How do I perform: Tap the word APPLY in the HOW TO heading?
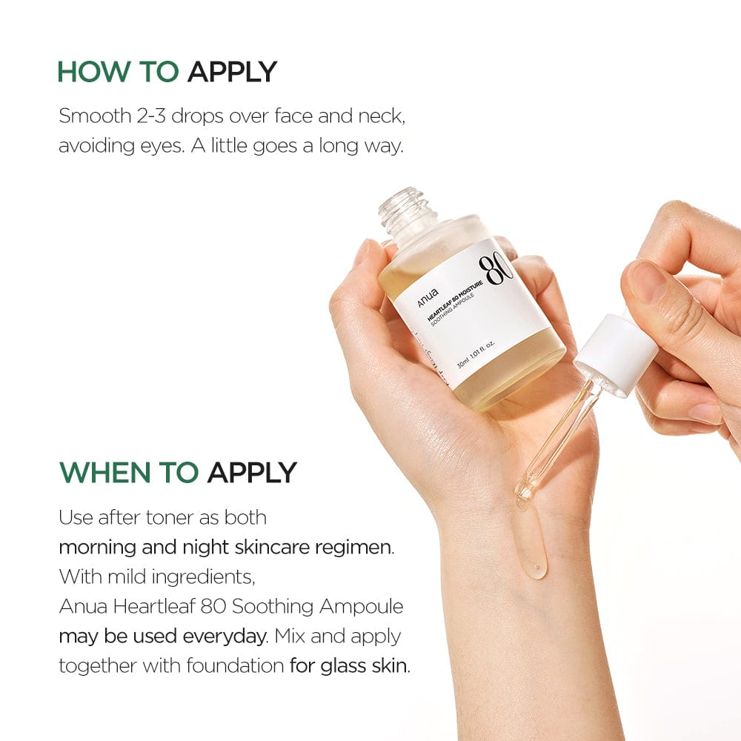232,72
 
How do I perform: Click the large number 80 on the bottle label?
495,270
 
